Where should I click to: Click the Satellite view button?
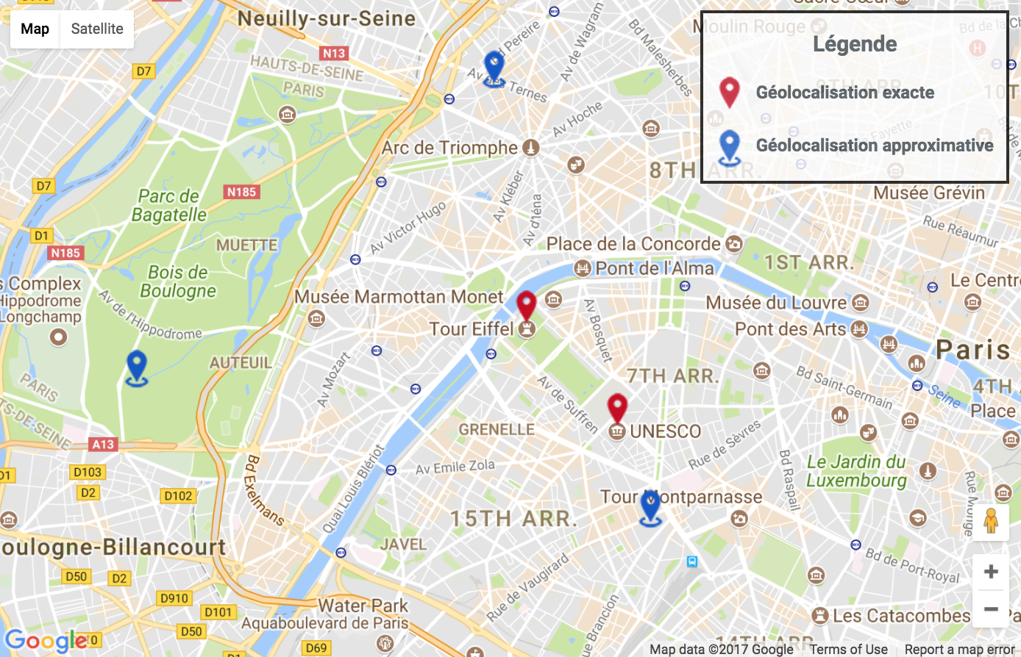point(97,29)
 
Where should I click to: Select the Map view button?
point(35,29)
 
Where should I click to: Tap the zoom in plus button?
point(990,572)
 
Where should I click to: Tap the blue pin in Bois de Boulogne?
point(137,366)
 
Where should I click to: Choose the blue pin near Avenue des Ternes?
point(494,68)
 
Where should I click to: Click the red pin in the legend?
point(729,93)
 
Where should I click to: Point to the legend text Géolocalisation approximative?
point(874,146)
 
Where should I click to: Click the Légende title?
point(855,44)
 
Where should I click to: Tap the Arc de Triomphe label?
point(449,148)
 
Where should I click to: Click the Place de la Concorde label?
point(633,244)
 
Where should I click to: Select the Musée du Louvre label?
point(776,303)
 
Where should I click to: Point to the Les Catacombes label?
point(901,616)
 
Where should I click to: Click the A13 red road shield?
point(103,445)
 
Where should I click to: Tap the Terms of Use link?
point(848,649)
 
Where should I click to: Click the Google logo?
point(46,641)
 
